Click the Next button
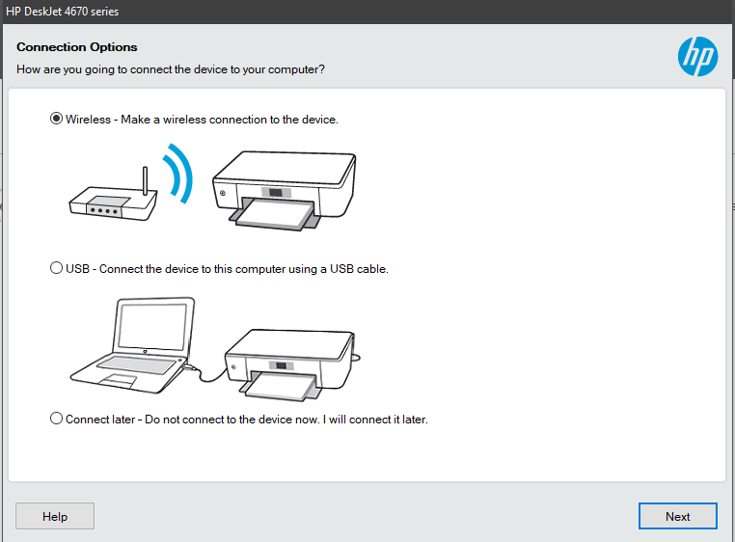click(677, 516)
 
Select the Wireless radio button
click(56, 119)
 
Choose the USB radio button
click(56, 268)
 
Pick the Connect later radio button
click(56, 419)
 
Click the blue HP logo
click(697, 56)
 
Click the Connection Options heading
click(77, 47)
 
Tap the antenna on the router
click(146, 180)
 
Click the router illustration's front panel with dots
click(104, 210)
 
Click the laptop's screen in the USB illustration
click(152, 325)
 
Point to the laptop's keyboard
click(137, 365)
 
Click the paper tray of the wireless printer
click(275, 214)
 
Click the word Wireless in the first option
click(88, 119)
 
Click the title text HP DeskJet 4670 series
click(63, 12)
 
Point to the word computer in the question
click(294, 69)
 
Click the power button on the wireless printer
click(223, 193)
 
